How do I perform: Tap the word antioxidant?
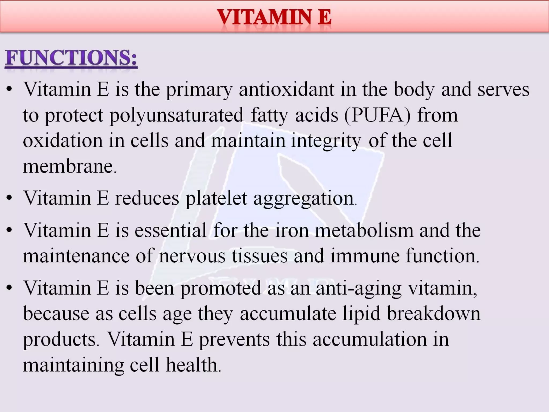point(286,89)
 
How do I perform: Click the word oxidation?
point(63,141)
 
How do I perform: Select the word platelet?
point(216,198)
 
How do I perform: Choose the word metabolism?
point(364,230)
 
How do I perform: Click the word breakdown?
point(433,313)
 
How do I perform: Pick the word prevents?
point(234,339)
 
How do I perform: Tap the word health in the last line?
point(192,365)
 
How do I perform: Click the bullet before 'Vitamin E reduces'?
point(10,198)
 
